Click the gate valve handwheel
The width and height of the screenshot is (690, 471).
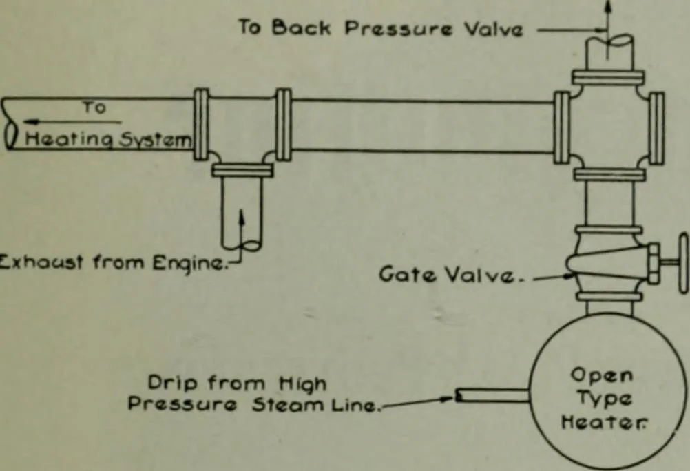tap(684, 263)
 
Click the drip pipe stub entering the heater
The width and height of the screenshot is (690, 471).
tap(492, 395)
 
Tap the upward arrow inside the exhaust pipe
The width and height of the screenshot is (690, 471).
tap(241, 229)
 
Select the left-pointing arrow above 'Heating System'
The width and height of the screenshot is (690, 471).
tap(72, 121)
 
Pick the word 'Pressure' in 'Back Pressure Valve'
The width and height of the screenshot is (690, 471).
tap(398, 29)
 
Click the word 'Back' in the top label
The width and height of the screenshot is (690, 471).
tap(300, 28)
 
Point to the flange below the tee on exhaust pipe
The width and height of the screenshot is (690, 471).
tap(242, 170)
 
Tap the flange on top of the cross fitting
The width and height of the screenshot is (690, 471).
tap(608, 78)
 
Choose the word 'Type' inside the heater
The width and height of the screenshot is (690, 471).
tap(604, 399)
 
